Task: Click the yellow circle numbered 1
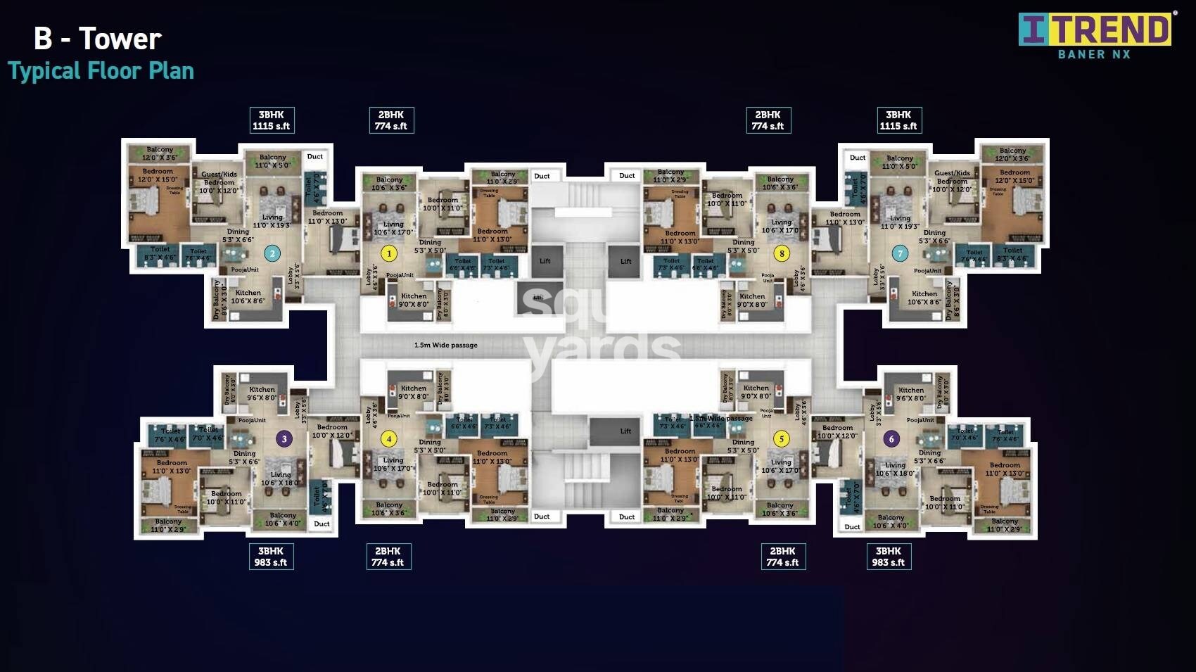click(x=389, y=253)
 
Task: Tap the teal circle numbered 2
click(x=272, y=254)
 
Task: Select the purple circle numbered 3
click(x=284, y=439)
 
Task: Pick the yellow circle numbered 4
click(x=389, y=439)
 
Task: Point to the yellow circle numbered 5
click(x=781, y=439)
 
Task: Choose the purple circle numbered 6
click(x=891, y=439)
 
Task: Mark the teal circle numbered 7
click(x=899, y=254)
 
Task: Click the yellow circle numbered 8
click(x=781, y=253)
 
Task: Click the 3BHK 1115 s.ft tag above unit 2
click(x=272, y=120)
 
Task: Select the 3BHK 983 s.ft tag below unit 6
click(x=889, y=557)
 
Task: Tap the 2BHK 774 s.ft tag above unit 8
click(x=768, y=120)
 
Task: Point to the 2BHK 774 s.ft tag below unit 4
click(x=388, y=557)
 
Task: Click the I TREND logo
click(x=1095, y=30)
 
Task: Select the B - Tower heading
click(x=98, y=39)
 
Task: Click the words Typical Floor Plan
click(x=101, y=71)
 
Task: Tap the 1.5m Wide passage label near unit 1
click(x=445, y=345)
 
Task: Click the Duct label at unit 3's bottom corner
click(x=322, y=524)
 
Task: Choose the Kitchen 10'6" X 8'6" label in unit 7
click(x=924, y=298)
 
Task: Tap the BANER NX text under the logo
click(x=1094, y=54)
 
